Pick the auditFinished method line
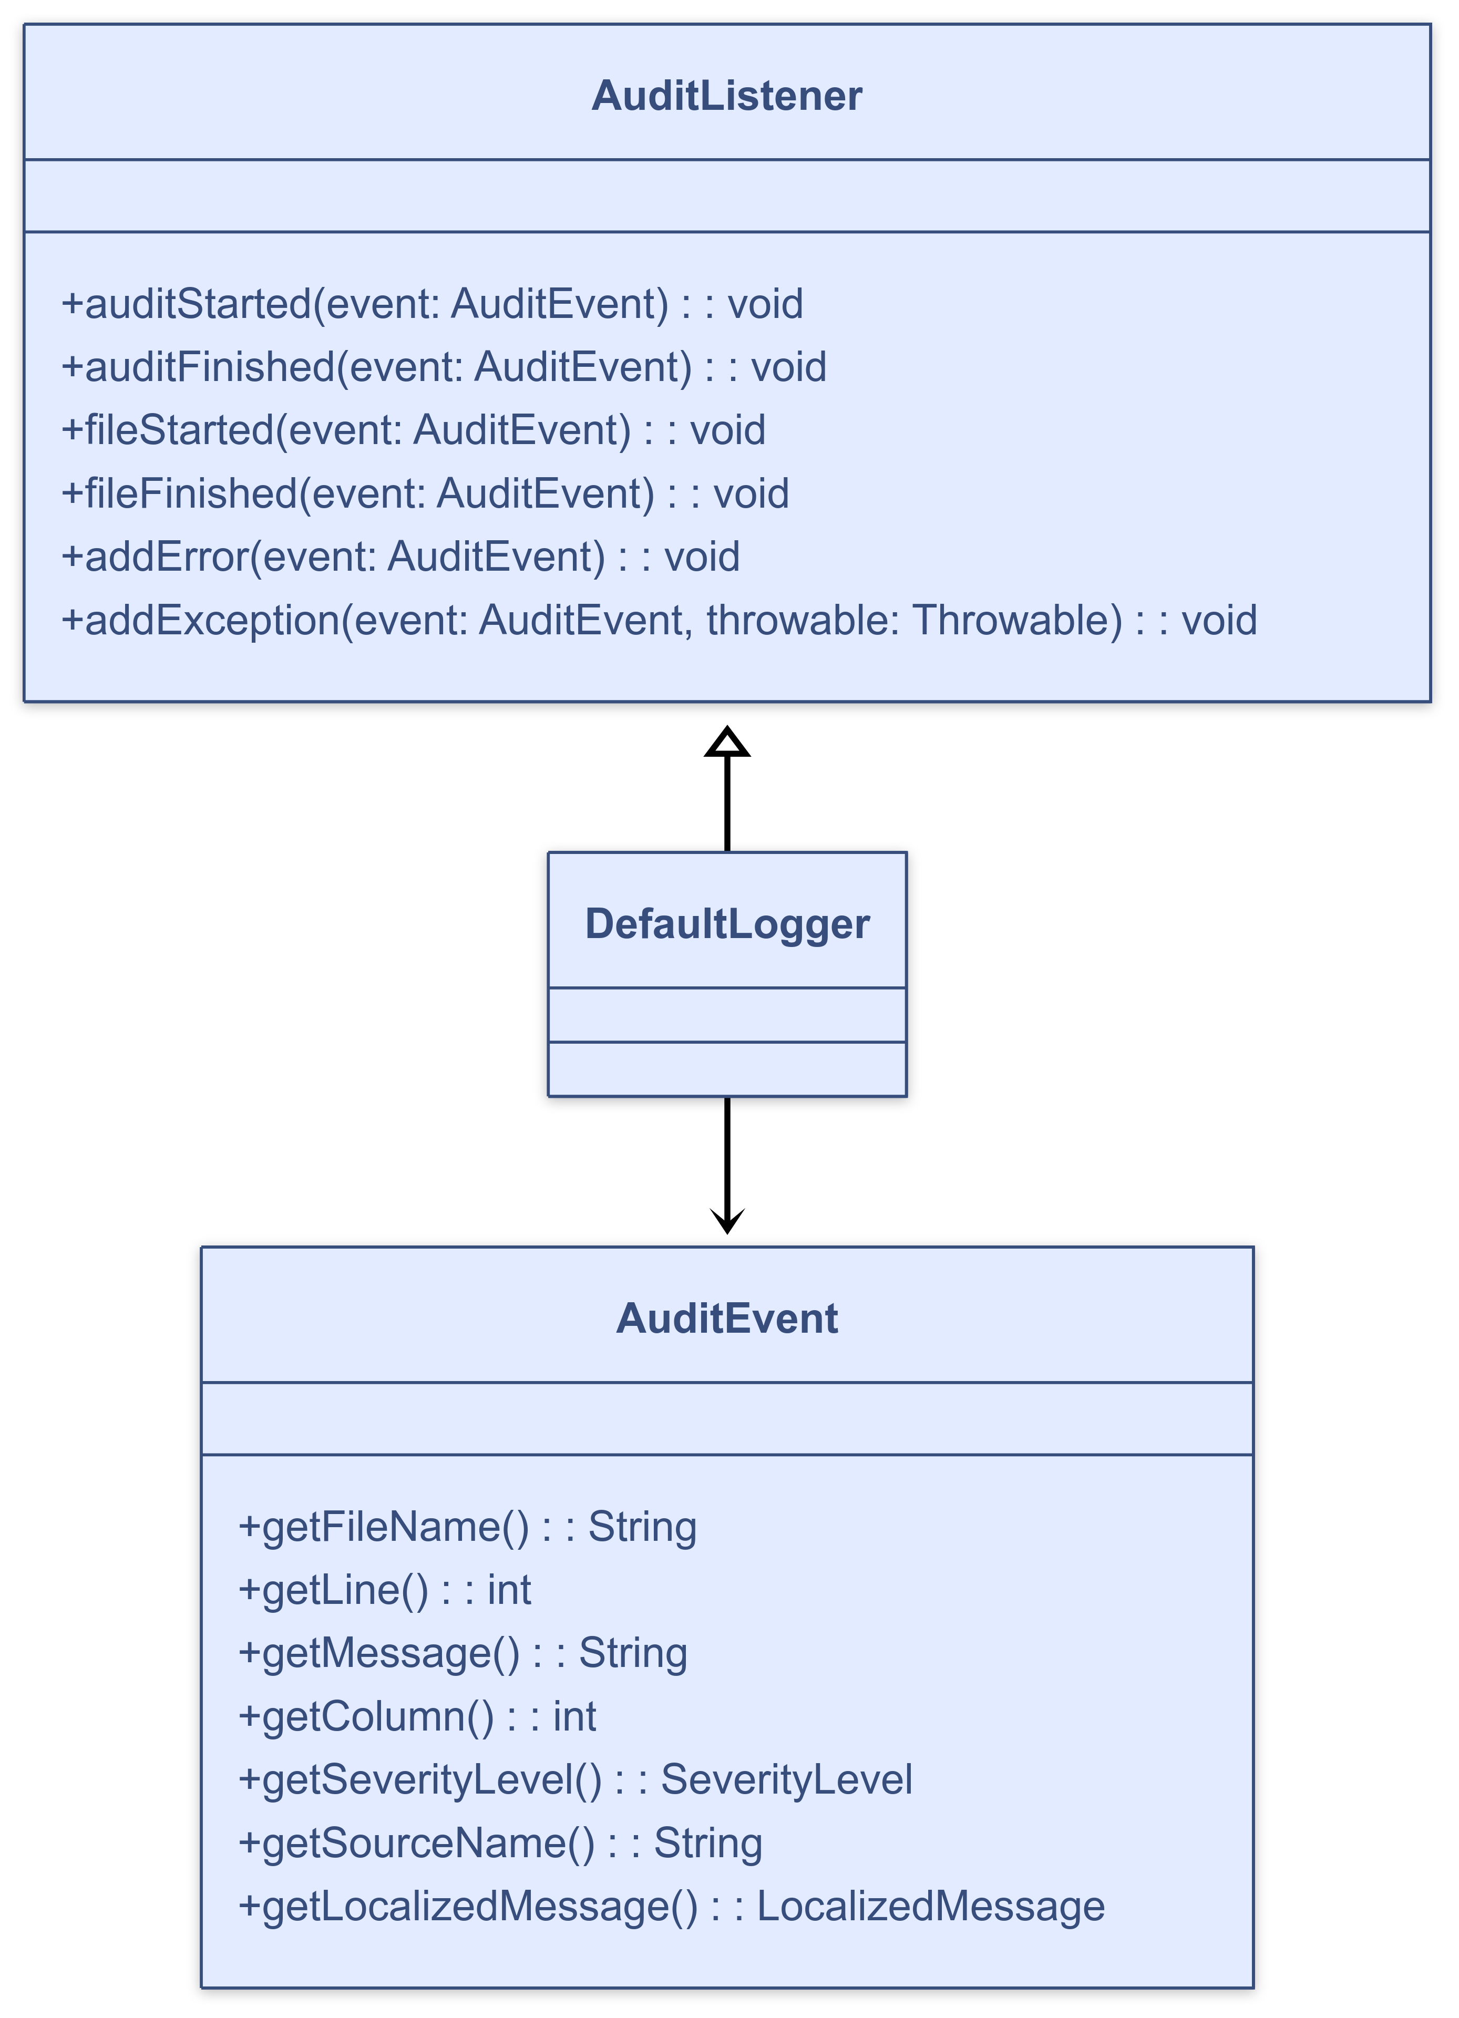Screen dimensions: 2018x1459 [443, 367]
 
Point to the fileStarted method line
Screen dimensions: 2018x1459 [413, 430]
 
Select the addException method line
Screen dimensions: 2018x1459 [659, 620]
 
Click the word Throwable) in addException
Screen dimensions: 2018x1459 [1017, 620]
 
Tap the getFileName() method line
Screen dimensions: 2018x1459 [467, 1526]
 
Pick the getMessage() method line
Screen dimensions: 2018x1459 [463, 1652]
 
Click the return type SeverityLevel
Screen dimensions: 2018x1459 [786, 1779]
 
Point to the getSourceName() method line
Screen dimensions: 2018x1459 [500, 1842]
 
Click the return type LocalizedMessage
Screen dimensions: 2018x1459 [931, 1906]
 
